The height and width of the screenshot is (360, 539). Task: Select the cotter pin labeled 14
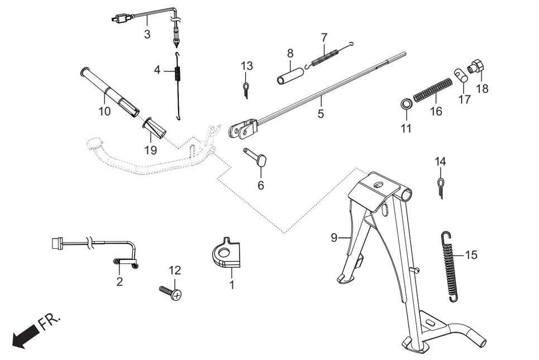(441, 185)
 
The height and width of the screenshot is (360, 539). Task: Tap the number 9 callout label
(334, 238)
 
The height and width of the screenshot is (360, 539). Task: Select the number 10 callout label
(104, 111)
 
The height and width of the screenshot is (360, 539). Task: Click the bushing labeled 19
(155, 128)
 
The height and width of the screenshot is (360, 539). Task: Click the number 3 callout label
(147, 34)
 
